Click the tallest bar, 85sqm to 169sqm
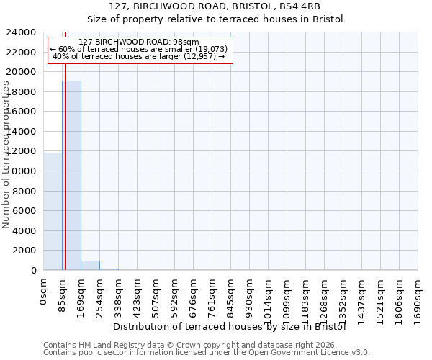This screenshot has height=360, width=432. (71, 175)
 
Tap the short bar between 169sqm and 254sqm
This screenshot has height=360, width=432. (90, 265)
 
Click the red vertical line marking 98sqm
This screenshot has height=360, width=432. (65, 151)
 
